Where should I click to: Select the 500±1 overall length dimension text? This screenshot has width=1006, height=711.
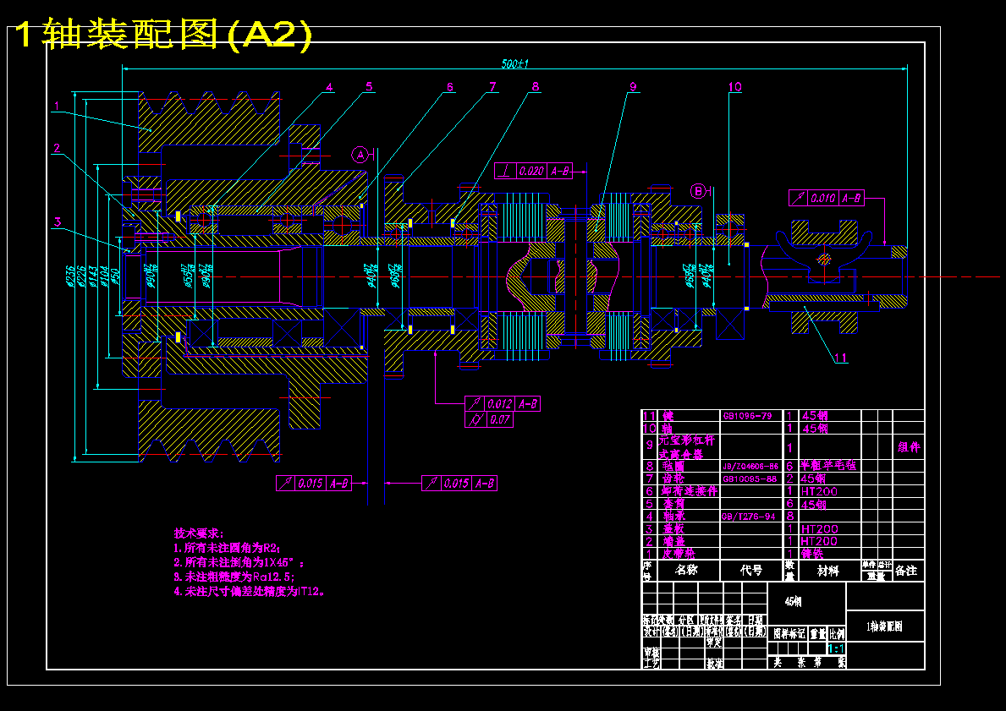[514, 63]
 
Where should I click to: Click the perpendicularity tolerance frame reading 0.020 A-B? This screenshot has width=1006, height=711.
[534, 171]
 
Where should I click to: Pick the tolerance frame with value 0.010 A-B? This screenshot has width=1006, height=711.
[827, 198]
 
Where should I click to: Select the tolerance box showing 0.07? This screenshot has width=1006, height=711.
[490, 418]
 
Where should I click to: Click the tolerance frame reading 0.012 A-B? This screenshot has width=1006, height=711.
[503, 403]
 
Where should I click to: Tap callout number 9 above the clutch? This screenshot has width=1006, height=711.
[632, 86]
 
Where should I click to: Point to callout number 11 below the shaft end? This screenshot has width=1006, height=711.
[841, 358]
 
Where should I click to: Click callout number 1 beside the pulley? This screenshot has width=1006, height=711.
[57, 107]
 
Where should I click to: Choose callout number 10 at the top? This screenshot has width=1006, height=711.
[734, 86]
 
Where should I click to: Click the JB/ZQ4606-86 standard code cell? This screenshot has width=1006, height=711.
[750, 466]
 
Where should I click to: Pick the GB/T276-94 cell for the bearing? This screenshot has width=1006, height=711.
[750, 516]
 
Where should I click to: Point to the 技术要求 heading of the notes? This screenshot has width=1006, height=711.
[199, 533]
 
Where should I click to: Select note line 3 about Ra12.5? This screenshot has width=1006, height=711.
[234, 577]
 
